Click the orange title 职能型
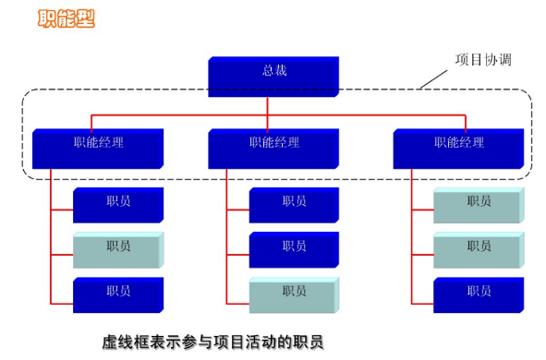pyautogui.click(x=66, y=18)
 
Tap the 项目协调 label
pyautogui.click(x=483, y=60)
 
